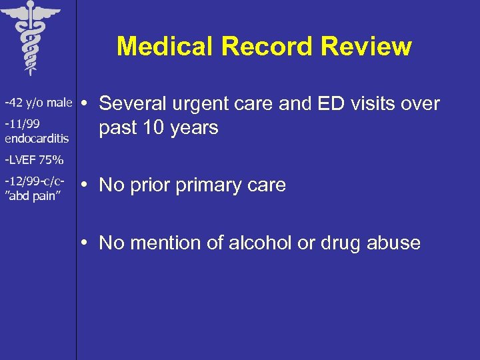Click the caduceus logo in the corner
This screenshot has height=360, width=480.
(x=30, y=37)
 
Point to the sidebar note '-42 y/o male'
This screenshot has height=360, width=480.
(x=38, y=103)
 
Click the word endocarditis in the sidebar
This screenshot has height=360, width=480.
(x=36, y=138)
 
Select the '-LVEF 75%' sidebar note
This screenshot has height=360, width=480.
(x=34, y=160)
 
